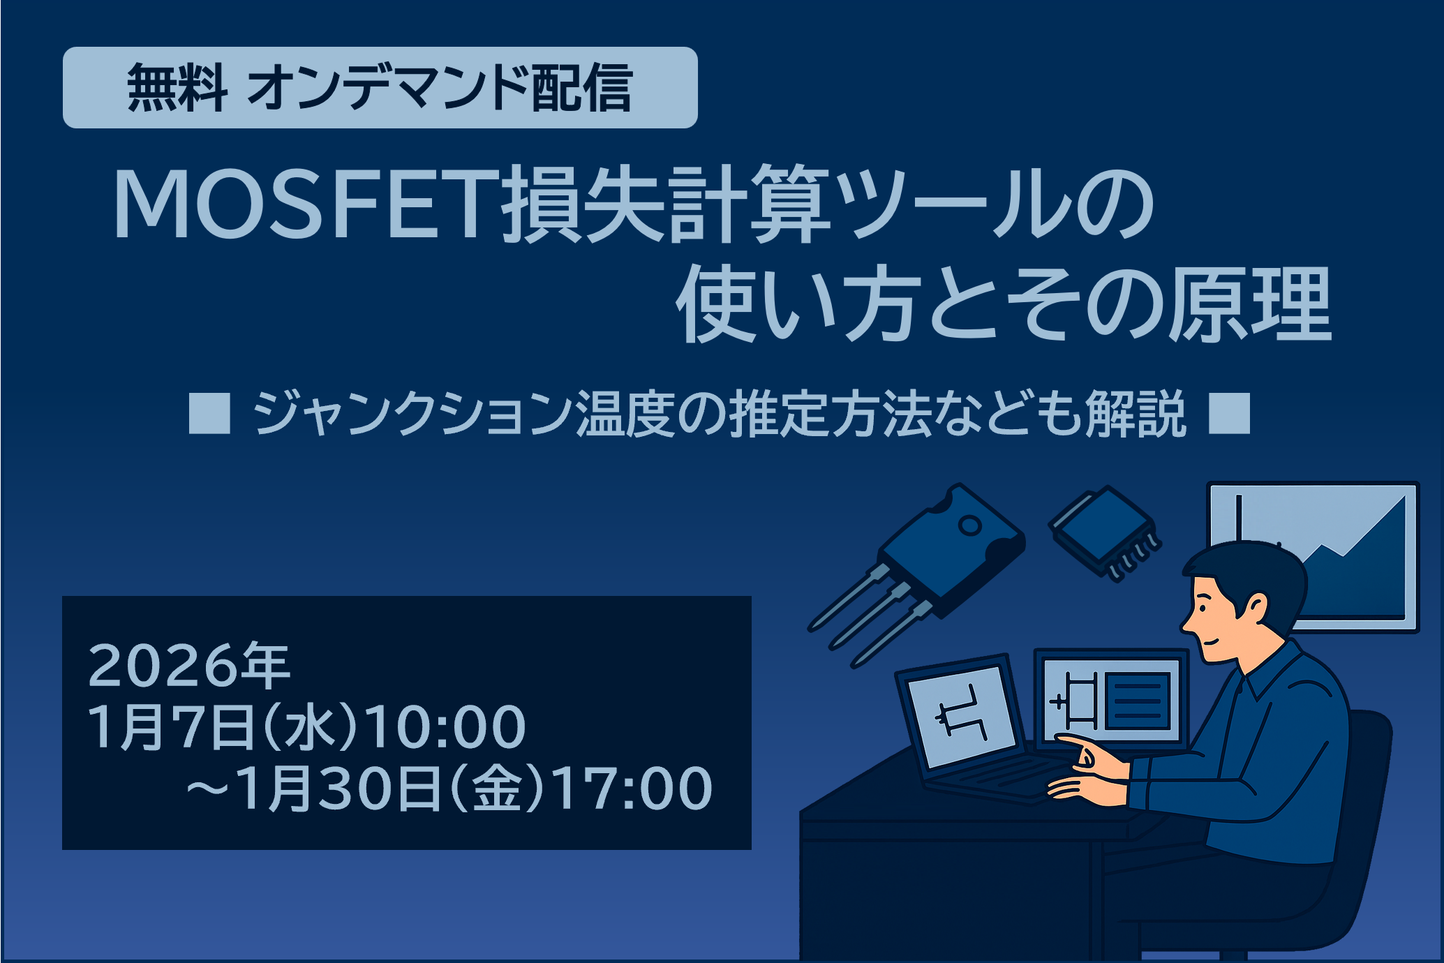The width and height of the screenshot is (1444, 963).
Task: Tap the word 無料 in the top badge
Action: [177, 88]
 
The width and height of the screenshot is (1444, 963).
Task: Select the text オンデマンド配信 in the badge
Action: [440, 88]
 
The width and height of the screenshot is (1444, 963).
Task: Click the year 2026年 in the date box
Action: [188, 666]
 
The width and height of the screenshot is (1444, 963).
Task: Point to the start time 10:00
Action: [445, 727]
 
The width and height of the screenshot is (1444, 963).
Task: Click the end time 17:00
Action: [633, 788]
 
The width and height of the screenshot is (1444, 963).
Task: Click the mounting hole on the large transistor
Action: [969, 525]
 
